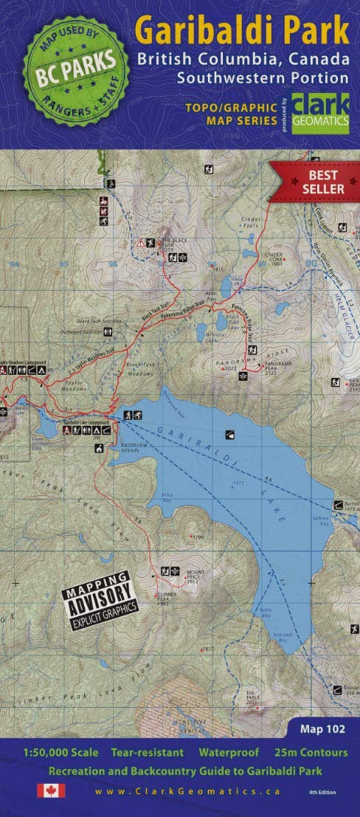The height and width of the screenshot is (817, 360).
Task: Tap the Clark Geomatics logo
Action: coord(319,114)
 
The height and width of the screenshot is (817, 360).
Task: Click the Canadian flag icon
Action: coord(51,790)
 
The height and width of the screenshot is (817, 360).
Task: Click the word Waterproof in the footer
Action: coord(229,753)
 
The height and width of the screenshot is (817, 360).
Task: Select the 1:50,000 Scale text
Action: coord(61,753)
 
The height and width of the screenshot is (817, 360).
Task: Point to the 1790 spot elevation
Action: coord(196,537)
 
